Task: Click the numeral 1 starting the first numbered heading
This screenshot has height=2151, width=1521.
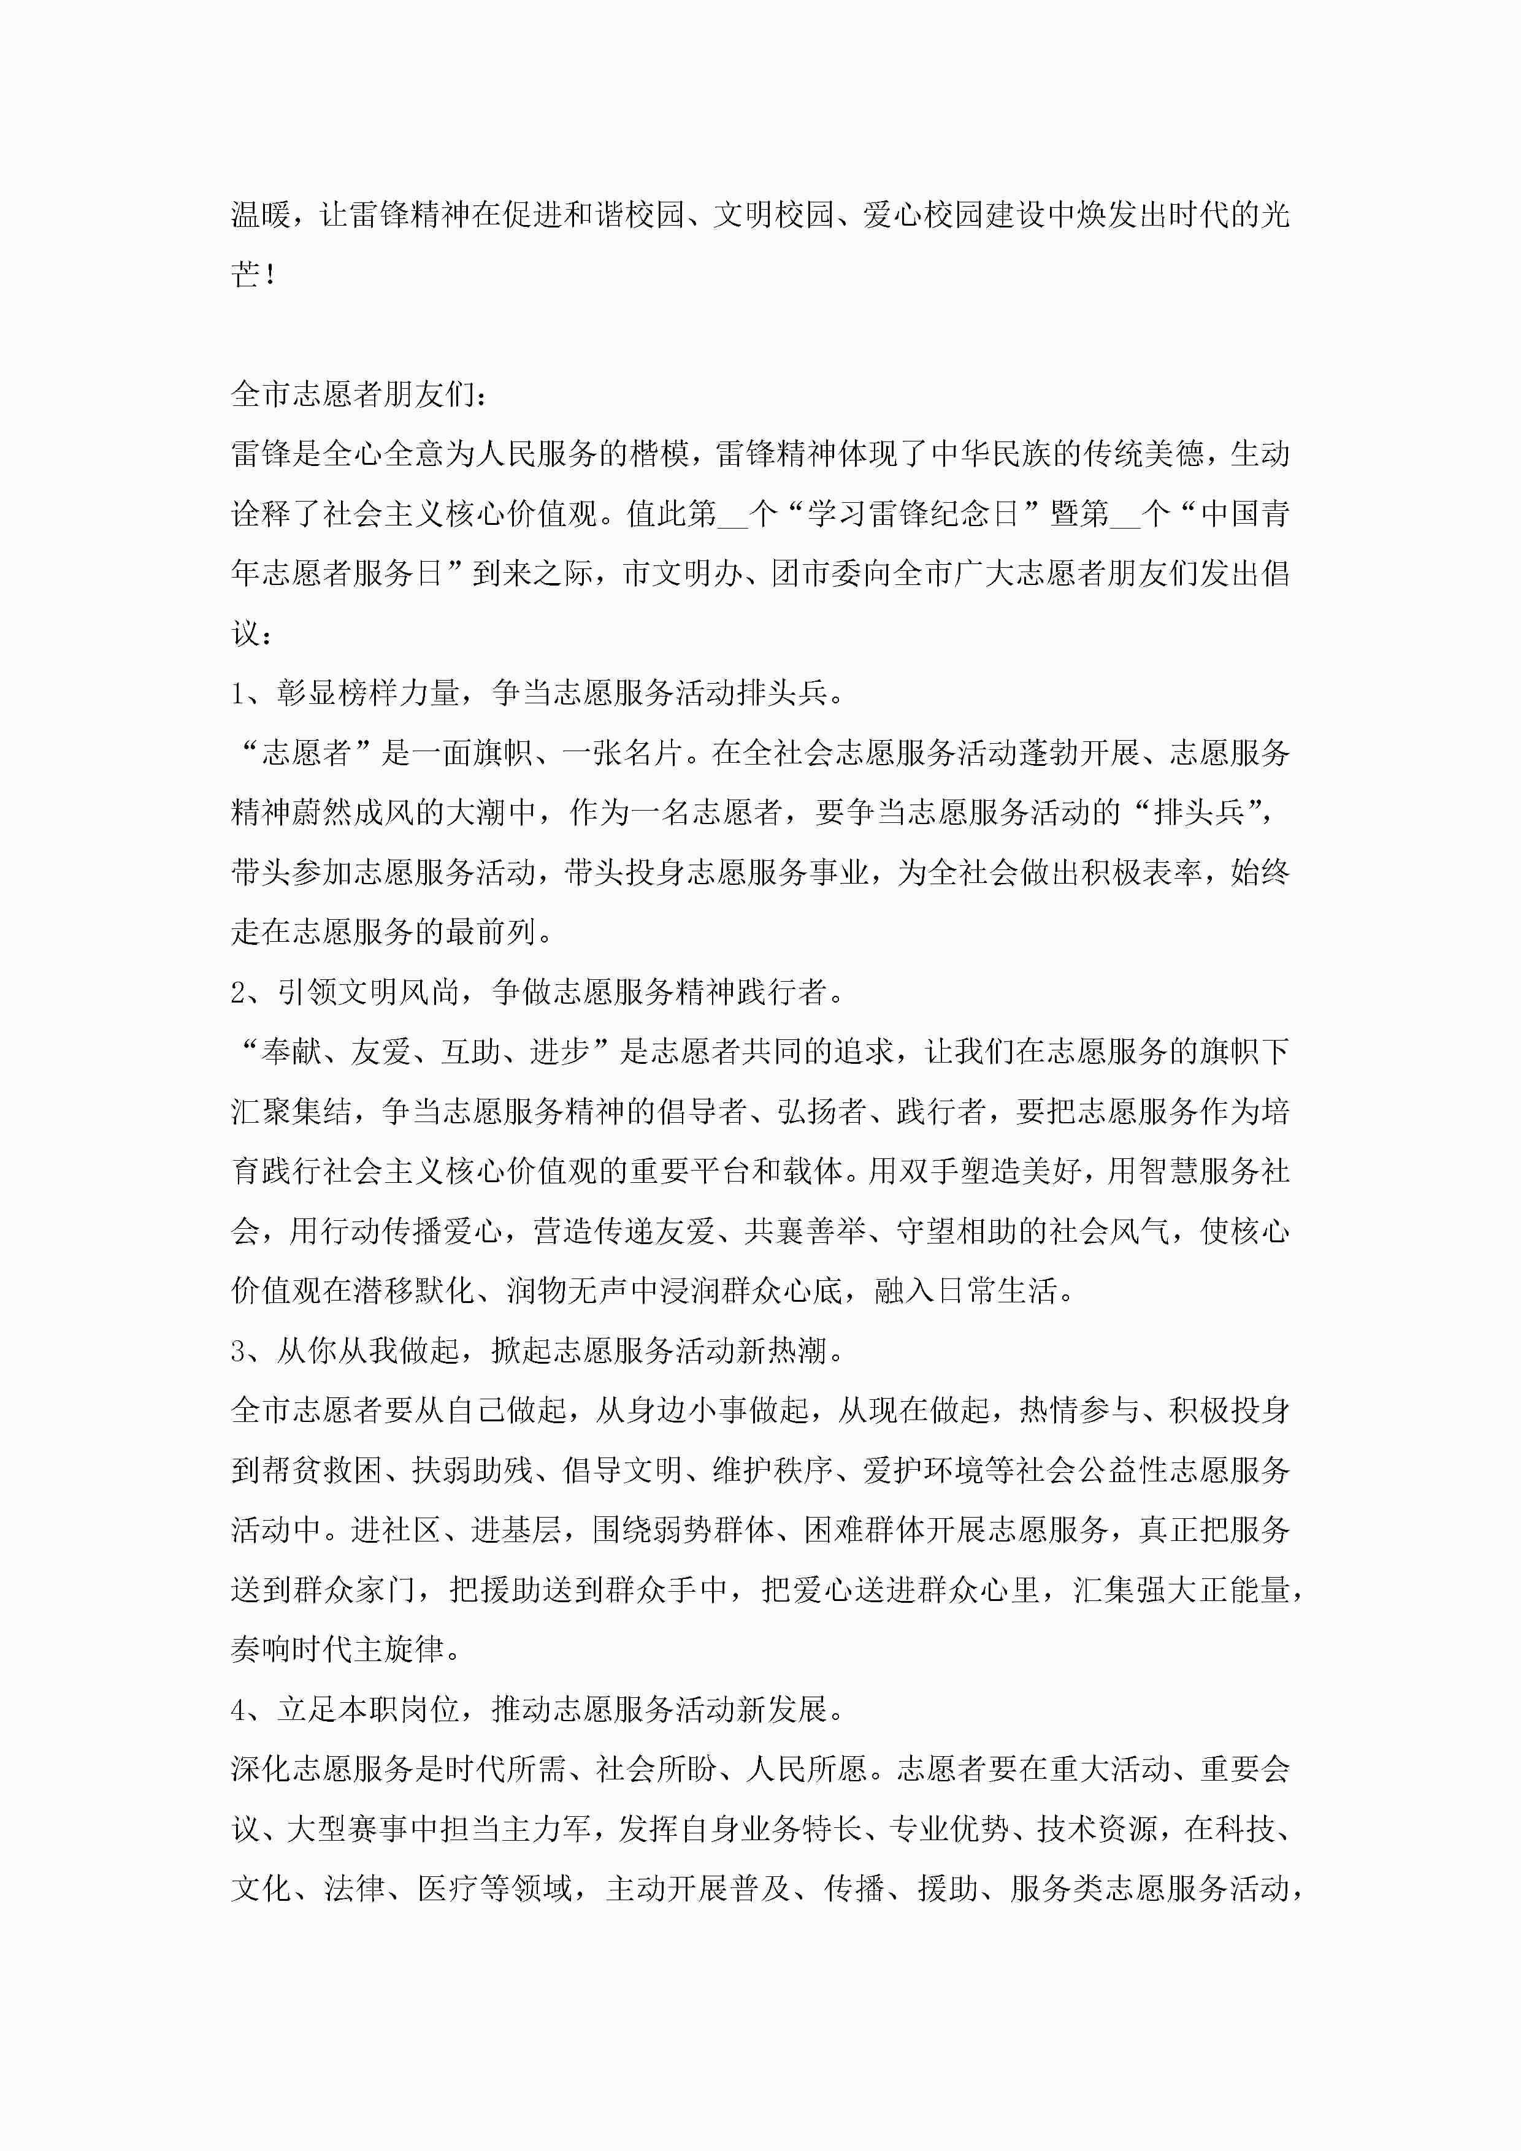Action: tap(238, 694)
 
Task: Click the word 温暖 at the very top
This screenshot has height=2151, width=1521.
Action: tap(261, 215)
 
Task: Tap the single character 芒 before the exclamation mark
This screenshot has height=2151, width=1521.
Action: tap(245, 275)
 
